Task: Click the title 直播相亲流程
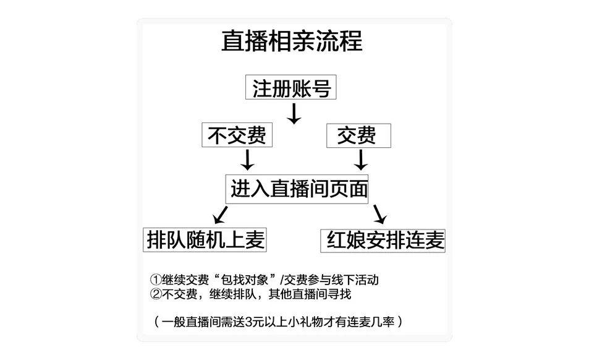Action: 292,41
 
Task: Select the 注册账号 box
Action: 292,88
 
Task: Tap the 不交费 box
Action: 237,135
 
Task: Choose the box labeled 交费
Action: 358,135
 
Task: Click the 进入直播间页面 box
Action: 299,188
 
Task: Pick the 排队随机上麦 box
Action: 206,239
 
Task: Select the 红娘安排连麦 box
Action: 384,240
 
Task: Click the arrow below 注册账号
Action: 295,113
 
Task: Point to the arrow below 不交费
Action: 247,160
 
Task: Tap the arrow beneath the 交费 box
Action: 361,160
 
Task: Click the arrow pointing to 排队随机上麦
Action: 221,215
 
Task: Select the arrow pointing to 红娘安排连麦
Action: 379,214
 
